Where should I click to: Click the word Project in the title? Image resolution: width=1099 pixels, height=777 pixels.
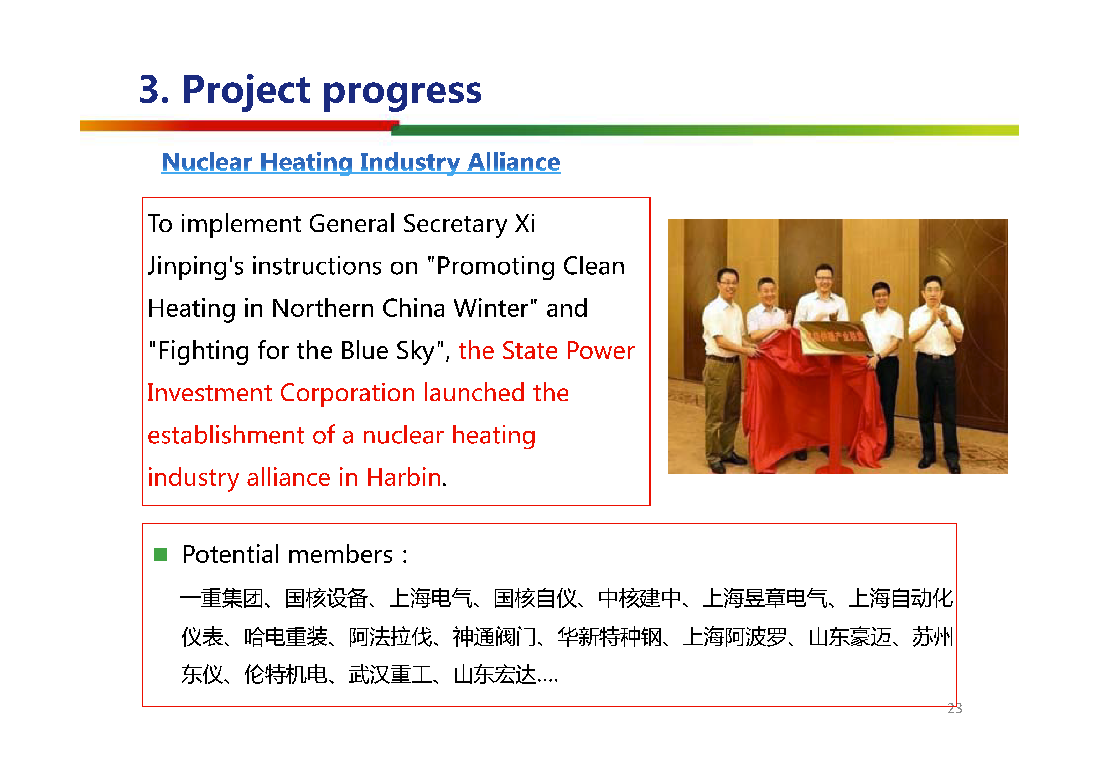click(246, 91)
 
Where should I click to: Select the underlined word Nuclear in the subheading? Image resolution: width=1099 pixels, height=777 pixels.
click(207, 162)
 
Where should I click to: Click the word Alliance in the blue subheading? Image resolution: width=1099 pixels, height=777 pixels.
click(514, 162)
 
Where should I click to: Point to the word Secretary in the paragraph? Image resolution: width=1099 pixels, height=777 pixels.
click(455, 224)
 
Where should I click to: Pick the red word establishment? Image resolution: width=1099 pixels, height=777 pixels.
click(226, 435)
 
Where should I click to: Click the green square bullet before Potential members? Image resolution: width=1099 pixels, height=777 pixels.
click(160, 554)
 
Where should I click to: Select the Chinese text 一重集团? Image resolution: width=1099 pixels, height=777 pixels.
click(222, 598)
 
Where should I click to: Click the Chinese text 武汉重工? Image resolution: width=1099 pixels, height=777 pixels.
click(390, 675)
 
